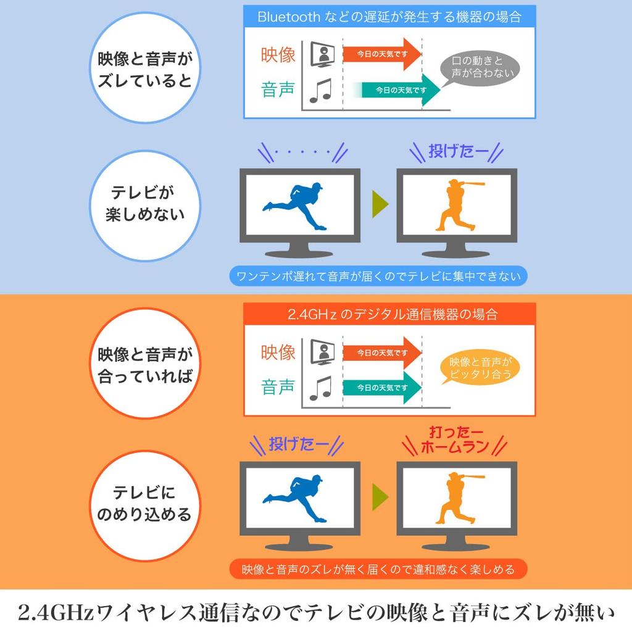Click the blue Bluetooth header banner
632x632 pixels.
(389, 17)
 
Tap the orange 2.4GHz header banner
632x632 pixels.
(389, 314)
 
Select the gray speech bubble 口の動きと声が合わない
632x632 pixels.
(477, 67)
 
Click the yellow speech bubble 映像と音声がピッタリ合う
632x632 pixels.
(480, 368)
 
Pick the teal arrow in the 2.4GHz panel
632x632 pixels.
(381, 388)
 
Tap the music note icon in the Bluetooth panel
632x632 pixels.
(320, 91)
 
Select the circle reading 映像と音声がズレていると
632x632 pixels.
(144, 70)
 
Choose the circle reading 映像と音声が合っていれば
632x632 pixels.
(144, 365)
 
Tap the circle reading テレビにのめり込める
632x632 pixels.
(144, 504)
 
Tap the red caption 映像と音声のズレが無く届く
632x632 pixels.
(378, 569)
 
